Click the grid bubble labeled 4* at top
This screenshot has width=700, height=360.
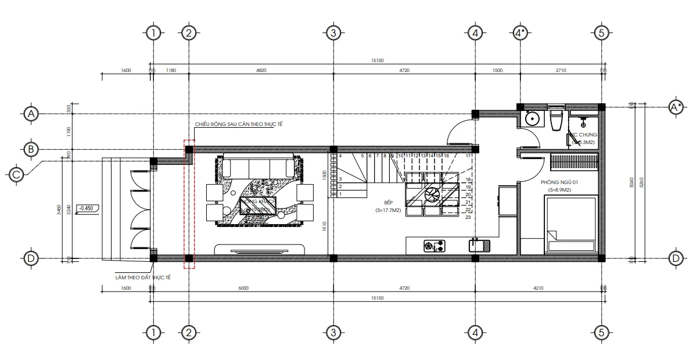click(x=521, y=33)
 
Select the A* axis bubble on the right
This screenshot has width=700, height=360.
click(x=676, y=107)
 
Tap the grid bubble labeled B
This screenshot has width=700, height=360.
click(x=31, y=149)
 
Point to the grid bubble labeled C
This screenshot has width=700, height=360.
click(x=17, y=174)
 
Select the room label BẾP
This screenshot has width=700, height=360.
click(x=382, y=204)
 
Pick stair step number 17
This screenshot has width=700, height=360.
click(x=468, y=156)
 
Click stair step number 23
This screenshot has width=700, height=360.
click(x=468, y=217)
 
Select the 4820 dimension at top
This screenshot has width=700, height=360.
click(x=261, y=70)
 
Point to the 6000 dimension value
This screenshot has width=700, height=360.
click(x=243, y=288)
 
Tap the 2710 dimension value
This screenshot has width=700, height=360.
click(x=561, y=70)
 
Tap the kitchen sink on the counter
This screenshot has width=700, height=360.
click(x=479, y=245)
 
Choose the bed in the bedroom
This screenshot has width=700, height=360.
click(x=570, y=224)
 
